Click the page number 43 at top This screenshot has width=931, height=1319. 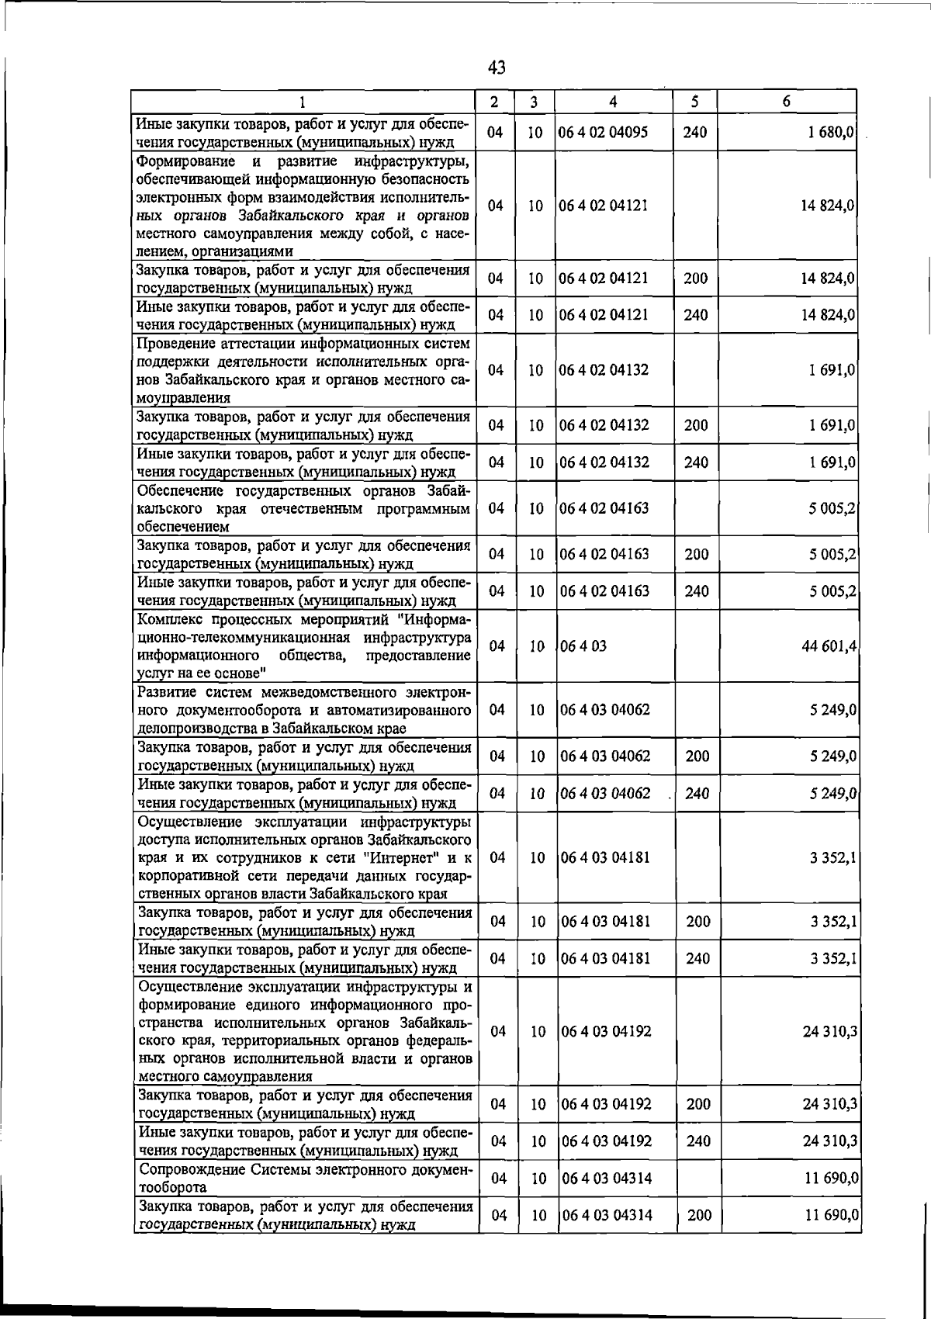(497, 68)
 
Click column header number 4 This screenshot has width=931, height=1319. (613, 102)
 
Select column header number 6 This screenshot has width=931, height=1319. (786, 102)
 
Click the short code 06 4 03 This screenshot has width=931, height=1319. (584, 646)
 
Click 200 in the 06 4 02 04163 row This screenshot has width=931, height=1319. (697, 554)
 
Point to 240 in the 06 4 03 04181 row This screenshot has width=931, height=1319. (697, 958)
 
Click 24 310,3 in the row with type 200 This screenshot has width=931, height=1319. (829, 1104)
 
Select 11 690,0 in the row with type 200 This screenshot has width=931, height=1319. (831, 1215)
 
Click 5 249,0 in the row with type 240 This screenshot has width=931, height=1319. (832, 793)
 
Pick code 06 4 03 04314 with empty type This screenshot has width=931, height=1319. (606, 1179)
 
